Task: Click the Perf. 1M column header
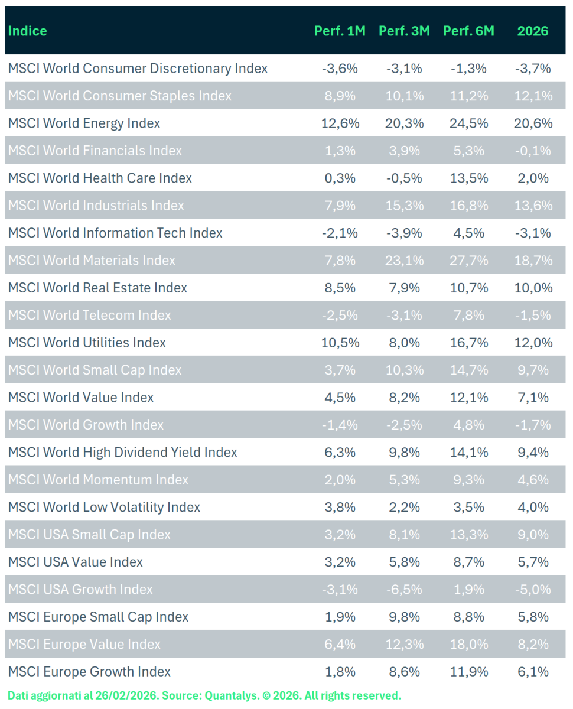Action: [x=340, y=31]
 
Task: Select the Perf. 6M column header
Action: [x=468, y=31]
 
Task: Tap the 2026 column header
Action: [x=533, y=31]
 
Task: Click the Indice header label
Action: [x=28, y=31]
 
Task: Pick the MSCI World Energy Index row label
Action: [x=84, y=123]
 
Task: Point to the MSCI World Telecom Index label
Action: [x=90, y=316]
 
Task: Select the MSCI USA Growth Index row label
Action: [x=80, y=590]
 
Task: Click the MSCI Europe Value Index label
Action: [x=84, y=645]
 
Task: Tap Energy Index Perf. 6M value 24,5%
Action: [x=468, y=123]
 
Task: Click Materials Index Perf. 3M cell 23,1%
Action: [x=404, y=261]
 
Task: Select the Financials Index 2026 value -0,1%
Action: [x=533, y=151]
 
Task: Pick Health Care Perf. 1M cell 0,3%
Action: [x=340, y=178]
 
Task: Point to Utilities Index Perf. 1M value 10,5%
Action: [x=340, y=343]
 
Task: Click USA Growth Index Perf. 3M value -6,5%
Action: [x=404, y=590]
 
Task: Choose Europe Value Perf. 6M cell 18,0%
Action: [x=468, y=645]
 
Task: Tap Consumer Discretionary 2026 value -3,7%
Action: [x=533, y=69]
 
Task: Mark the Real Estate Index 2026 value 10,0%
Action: [x=533, y=288]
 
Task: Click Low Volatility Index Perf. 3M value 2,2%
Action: [x=404, y=508]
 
